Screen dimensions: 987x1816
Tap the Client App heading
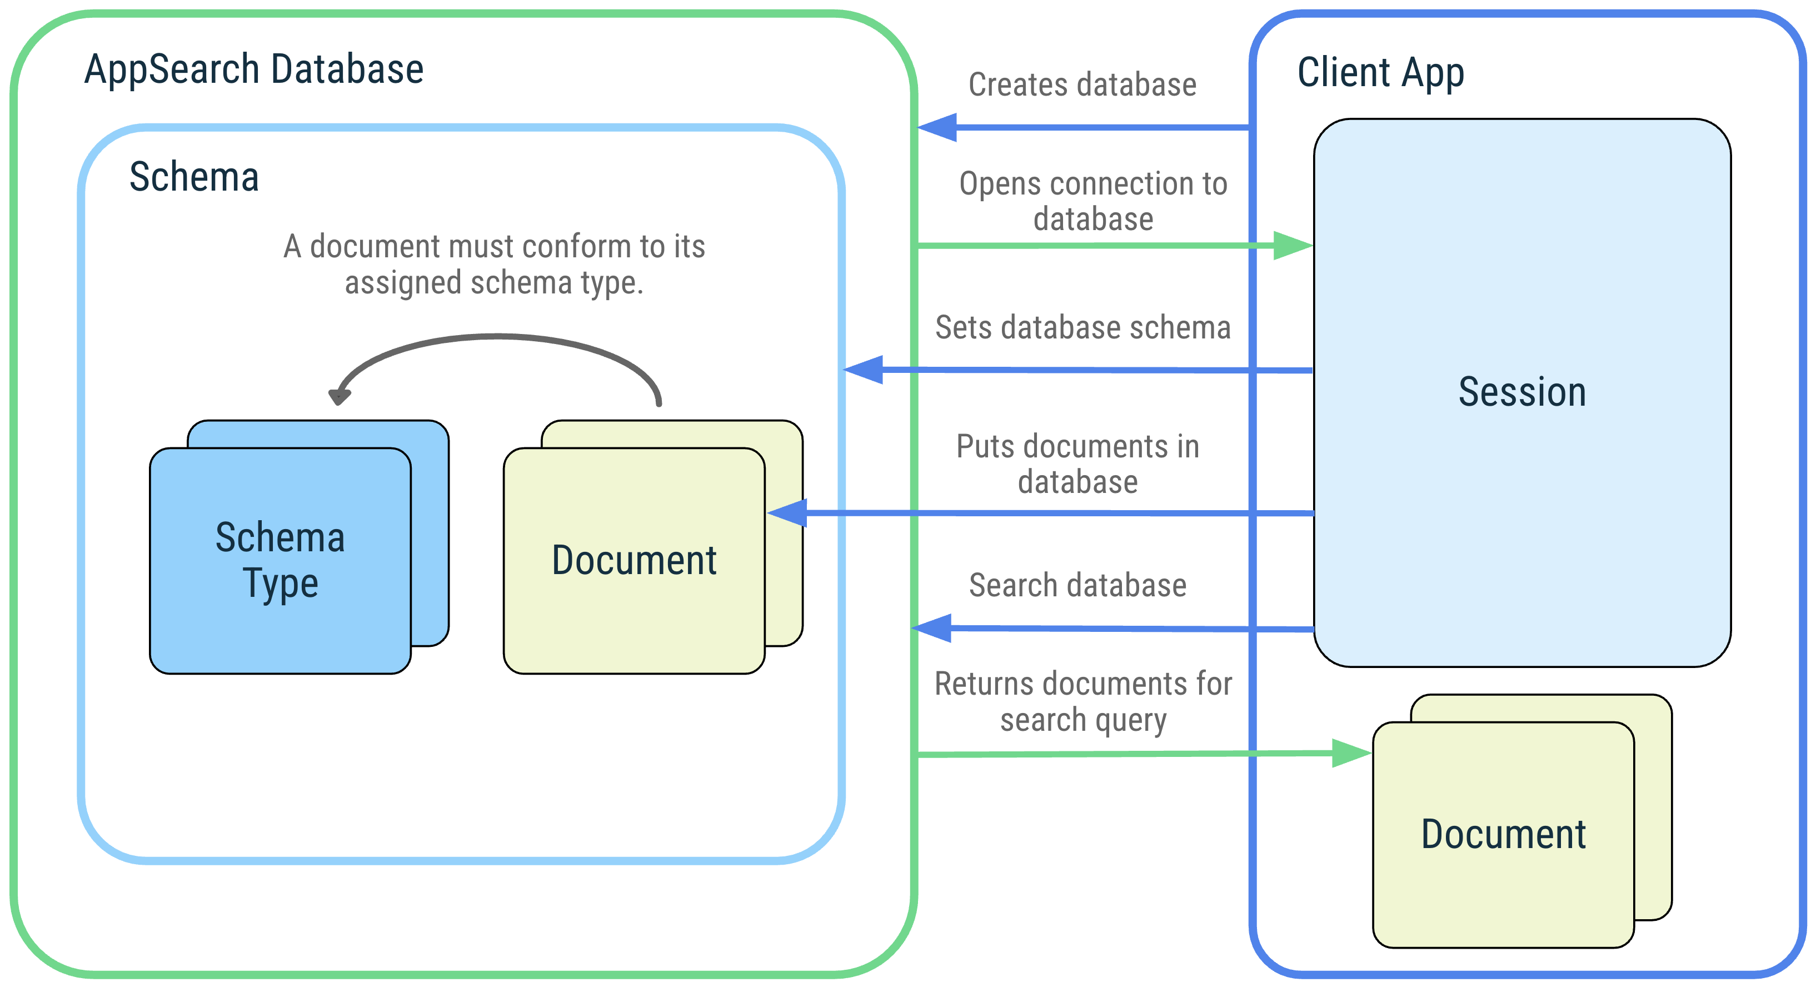click(x=1380, y=73)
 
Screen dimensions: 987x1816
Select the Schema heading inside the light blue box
click(x=194, y=176)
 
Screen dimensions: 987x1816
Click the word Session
click(x=1521, y=392)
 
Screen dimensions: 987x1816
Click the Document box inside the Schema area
click(x=634, y=561)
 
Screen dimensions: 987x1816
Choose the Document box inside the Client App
click(x=1503, y=834)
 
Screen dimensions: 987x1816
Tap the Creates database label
click(x=1082, y=84)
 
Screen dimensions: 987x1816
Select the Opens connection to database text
click(x=1092, y=201)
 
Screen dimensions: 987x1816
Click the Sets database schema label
click(x=1082, y=328)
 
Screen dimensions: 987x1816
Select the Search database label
click(x=1077, y=585)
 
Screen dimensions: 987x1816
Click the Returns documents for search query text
click(x=1083, y=701)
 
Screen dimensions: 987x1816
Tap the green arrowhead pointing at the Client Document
click(x=1351, y=753)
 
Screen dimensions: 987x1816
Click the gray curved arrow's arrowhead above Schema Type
click(x=339, y=397)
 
